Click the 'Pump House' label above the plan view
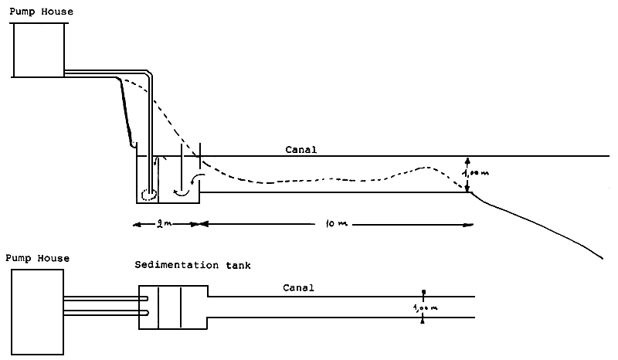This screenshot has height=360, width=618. click(x=37, y=258)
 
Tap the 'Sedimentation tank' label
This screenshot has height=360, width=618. click(x=192, y=265)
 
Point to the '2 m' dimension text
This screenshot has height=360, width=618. click(x=163, y=224)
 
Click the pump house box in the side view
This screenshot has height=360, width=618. click(x=39, y=49)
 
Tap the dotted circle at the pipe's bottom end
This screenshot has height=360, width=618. click(x=148, y=194)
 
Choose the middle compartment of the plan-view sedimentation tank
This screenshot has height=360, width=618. click(x=169, y=305)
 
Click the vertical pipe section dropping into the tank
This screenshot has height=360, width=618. click(x=151, y=131)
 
